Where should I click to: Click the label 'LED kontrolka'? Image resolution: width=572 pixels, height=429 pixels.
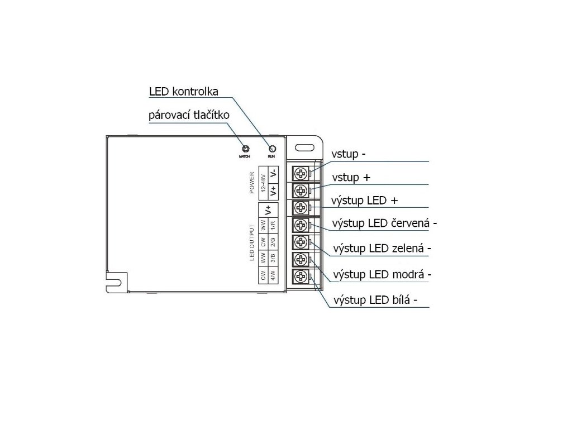click(183, 92)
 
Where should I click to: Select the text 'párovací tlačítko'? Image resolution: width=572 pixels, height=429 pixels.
click(189, 116)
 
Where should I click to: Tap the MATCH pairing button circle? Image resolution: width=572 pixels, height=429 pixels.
click(244, 149)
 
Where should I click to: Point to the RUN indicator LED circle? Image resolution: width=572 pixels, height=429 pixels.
click(272, 149)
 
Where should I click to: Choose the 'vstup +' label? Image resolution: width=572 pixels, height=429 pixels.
click(351, 178)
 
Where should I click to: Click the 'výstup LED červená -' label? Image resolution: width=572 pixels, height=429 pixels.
click(384, 223)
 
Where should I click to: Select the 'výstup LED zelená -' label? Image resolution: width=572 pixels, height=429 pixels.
click(383, 247)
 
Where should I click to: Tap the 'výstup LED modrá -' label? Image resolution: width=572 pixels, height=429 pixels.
click(382, 274)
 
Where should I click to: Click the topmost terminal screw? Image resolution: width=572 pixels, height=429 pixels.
click(301, 173)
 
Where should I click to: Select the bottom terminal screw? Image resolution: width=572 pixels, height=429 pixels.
click(301, 277)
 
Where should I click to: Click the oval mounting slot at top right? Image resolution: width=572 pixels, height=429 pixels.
click(304, 149)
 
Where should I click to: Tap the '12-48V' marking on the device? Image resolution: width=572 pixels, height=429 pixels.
click(264, 184)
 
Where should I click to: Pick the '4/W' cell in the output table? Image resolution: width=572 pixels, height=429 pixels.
click(273, 275)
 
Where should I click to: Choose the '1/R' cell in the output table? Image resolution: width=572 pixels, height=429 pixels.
click(273, 225)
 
